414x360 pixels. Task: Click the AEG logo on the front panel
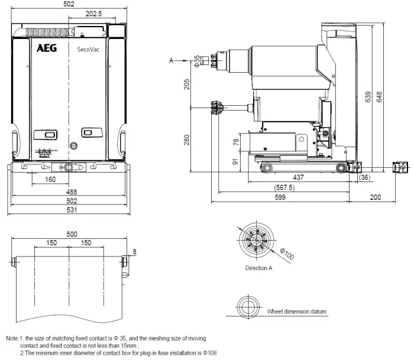pyautogui.click(x=47, y=49)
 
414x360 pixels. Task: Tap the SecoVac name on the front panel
pyautogui.click(x=88, y=50)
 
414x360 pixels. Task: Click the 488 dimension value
pyautogui.click(x=71, y=192)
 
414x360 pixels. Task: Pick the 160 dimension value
pyautogui.click(x=50, y=180)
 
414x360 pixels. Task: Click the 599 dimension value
pyautogui.click(x=285, y=198)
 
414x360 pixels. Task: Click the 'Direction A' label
pyautogui.click(x=258, y=268)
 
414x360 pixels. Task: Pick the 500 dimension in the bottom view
pyautogui.click(x=71, y=234)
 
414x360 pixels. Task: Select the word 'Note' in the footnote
pyautogui.click(x=12, y=339)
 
